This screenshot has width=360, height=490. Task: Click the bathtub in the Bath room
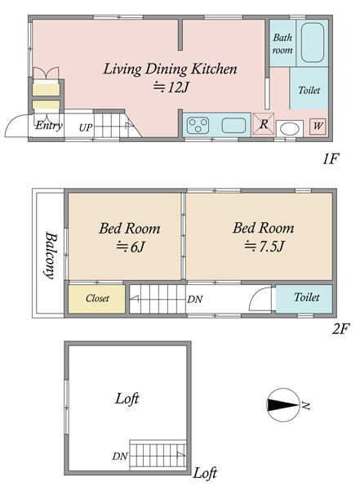tap(312, 42)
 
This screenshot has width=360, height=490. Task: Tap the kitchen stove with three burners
tap(198, 125)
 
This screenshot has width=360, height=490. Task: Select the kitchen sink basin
tap(233, 125)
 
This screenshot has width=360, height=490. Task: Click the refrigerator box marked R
tap(264, 124)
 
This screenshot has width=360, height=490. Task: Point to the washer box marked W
tap(318, 126)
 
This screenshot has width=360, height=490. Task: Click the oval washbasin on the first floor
tap(290, 129)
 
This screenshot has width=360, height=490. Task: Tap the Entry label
tap(49, 126)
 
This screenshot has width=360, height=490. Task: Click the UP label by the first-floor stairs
tap(86, 127)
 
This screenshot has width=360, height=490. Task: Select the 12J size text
tap(171, 87)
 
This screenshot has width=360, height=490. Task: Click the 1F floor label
tap(331, 159)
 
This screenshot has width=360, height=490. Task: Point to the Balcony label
tap(51, 255)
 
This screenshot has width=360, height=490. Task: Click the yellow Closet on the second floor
tap(97, 299)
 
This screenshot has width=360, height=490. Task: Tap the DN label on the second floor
tap(195, 300)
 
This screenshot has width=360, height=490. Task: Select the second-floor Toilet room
tap(304, 298)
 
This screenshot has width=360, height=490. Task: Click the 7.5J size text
tap(264, 247)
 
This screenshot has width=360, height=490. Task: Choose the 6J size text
tap(131, 247)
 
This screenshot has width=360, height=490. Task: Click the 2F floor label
tap(340, 329)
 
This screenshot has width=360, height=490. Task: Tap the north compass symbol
tap(282, 405)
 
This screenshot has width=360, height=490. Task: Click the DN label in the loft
tap(120, 457)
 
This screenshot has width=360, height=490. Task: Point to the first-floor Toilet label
tap(309, 91)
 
